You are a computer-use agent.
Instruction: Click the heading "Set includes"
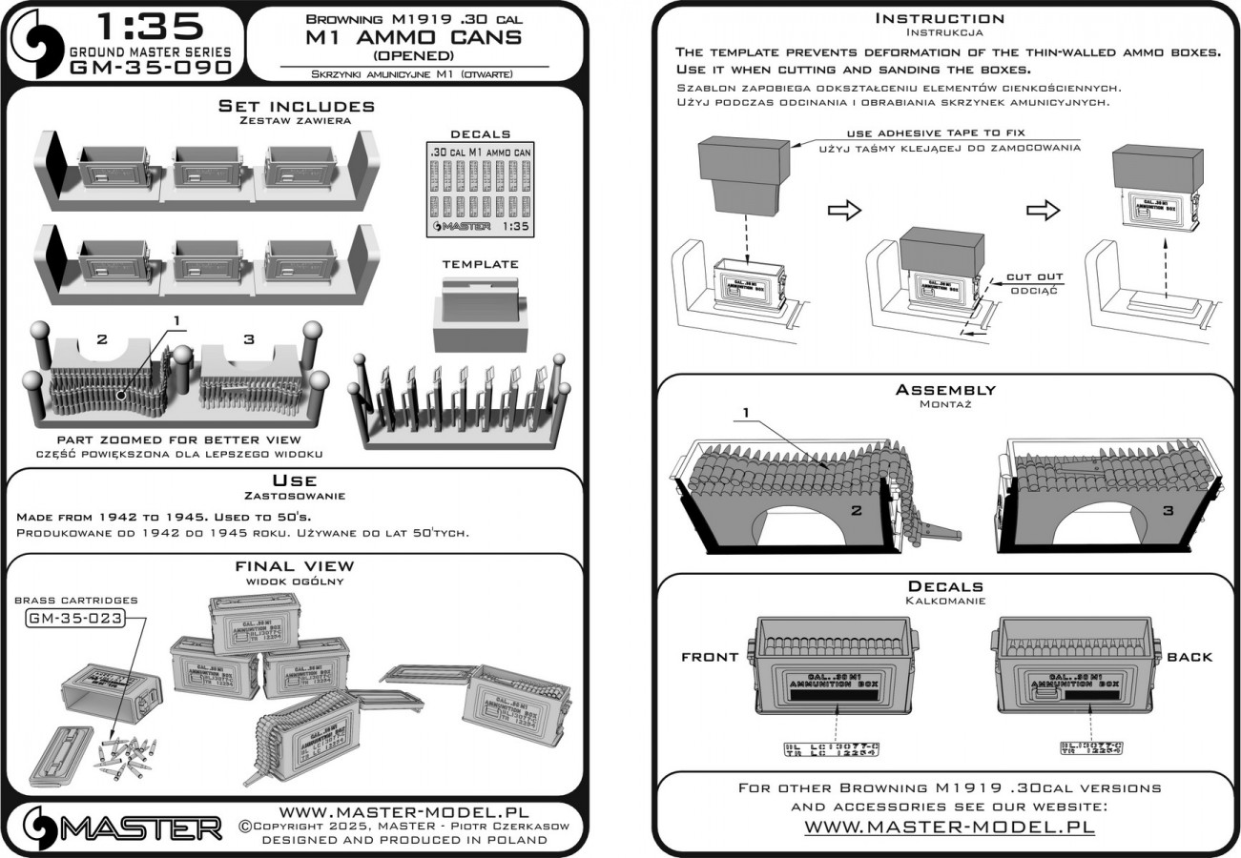click(x=296, y=106)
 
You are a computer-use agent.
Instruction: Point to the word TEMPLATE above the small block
click(x=480, y=263)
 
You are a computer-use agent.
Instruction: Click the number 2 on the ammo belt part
click(x=103, y=338)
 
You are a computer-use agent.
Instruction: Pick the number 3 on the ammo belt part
click(x=249, y=338)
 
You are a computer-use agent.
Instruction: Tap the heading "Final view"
click(x=294, y=566)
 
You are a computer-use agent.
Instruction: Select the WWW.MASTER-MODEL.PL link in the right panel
click(x=949, y=826)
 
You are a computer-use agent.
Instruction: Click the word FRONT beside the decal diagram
click(x=710, y=657)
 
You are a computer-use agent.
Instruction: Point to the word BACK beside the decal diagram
click(x=1189, y=657)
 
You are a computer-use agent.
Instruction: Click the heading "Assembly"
click(x=945, y=390)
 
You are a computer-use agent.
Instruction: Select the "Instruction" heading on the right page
click(x=940, y=18)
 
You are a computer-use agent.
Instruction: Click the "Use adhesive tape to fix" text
click(x=936, y=133)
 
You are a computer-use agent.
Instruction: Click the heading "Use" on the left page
click(x=294, y=480)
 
